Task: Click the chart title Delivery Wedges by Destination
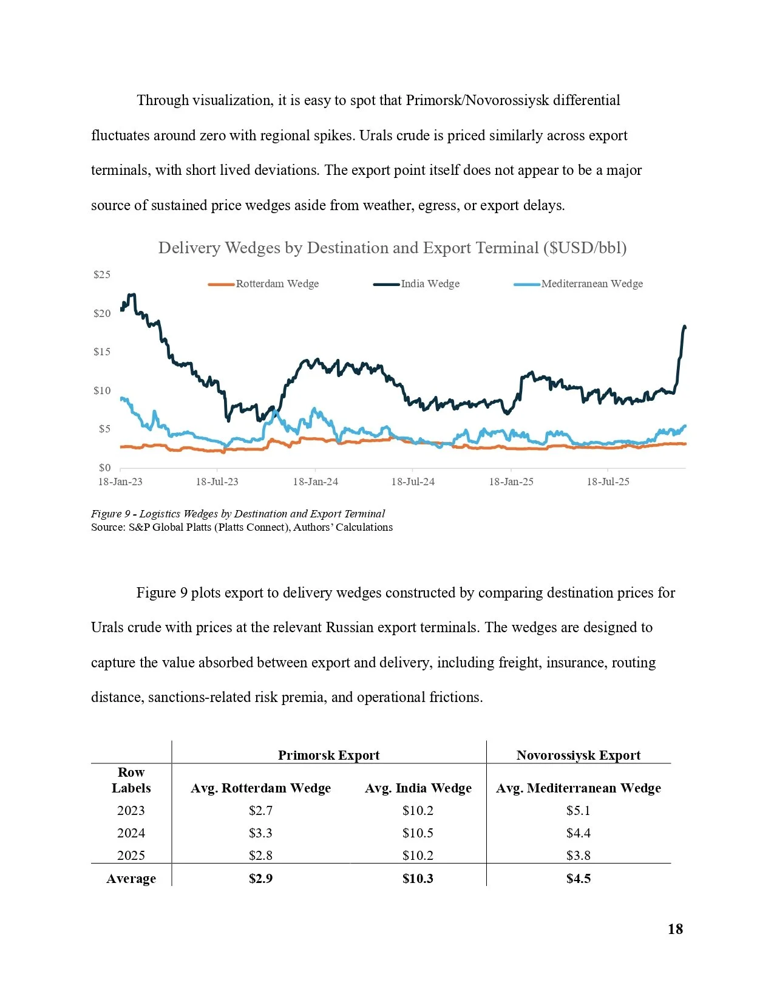pyautogui.click(x=392, y=248)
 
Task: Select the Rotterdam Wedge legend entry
pyautogui.click(x=277, y=284)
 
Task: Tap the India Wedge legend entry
pyautogui.click(x=430, y=284)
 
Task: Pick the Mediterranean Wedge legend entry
pyautogui.click(x=591, y=284)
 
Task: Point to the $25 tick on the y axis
pyautogui.click(x=102, y=274)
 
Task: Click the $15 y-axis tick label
pyautogui.click(x=102, y=352)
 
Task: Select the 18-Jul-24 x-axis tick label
pyautogui.click(x=413, y=482)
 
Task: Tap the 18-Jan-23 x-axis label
pyautogui.click(x=120, y=482)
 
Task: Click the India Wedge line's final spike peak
pyautogui.click(x=685, y=327)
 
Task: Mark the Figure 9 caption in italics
pyautogui.click(x=238, y=514)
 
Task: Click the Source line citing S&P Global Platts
pyautogui.click(x=242, y=527)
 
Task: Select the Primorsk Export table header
pyautogui.click(x=328, y=755)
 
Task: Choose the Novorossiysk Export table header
pyautogui.click(x=578, y=755)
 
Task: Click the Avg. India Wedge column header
pyautogui.click(x=418, y=788)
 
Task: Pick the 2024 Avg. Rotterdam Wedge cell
pyautogui.click(x=260, y=833)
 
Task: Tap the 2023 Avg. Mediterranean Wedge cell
pyautogui.click(x=578, y=811)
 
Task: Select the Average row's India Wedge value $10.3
pyautogui.click(x=418, y=879)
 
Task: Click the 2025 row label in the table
pyautogui.click(x=131, y=856)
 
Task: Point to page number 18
pyautogui.click(x=675, y=929)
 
